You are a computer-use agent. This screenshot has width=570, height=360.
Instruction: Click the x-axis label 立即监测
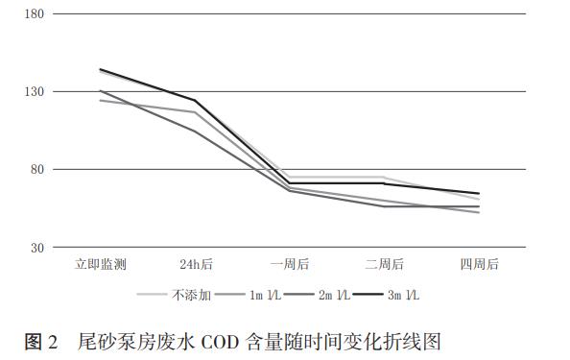[x=101, y=264]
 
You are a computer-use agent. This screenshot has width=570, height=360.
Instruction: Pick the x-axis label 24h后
[x=196, y=264]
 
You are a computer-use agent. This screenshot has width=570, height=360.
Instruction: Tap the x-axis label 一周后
[x=290, y=264]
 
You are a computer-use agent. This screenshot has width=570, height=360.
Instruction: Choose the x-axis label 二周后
[x=384, y=264]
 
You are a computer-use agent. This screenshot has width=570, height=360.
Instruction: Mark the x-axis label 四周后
[x=479, y=264]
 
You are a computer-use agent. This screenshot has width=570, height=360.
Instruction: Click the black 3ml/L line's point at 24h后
[x=196, y=100]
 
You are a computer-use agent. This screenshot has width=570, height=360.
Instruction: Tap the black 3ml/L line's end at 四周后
[x=479, y=194]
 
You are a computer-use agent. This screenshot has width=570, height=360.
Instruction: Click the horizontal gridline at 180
[x=288, y=14]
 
